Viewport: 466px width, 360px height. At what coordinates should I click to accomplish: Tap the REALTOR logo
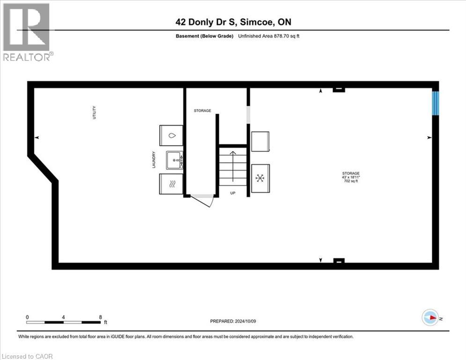click(x=27, y=32)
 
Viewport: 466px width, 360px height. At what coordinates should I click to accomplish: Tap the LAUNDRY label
click(x=153, y=159)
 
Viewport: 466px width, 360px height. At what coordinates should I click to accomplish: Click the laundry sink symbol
click(x=175, y=160)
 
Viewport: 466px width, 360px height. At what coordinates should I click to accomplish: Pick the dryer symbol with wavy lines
click(x=172, y=184)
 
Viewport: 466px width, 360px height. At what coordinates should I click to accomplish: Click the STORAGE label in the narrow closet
click(x=202, y=111)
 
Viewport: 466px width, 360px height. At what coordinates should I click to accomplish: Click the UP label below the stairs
click(x=233, y=193)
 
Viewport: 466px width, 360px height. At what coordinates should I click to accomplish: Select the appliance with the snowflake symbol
click(x=260, y=178)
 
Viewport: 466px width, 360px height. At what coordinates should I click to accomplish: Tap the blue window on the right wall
click(x=436, y=103)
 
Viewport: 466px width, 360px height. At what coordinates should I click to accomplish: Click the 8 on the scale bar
click(x=100, y=317)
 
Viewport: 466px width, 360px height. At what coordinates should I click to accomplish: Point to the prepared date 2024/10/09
click(x=233, y=321)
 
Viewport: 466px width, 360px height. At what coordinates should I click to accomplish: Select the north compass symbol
click(x=429, y=318)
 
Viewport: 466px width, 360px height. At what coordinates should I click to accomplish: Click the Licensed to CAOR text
click(x=28, y=356)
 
